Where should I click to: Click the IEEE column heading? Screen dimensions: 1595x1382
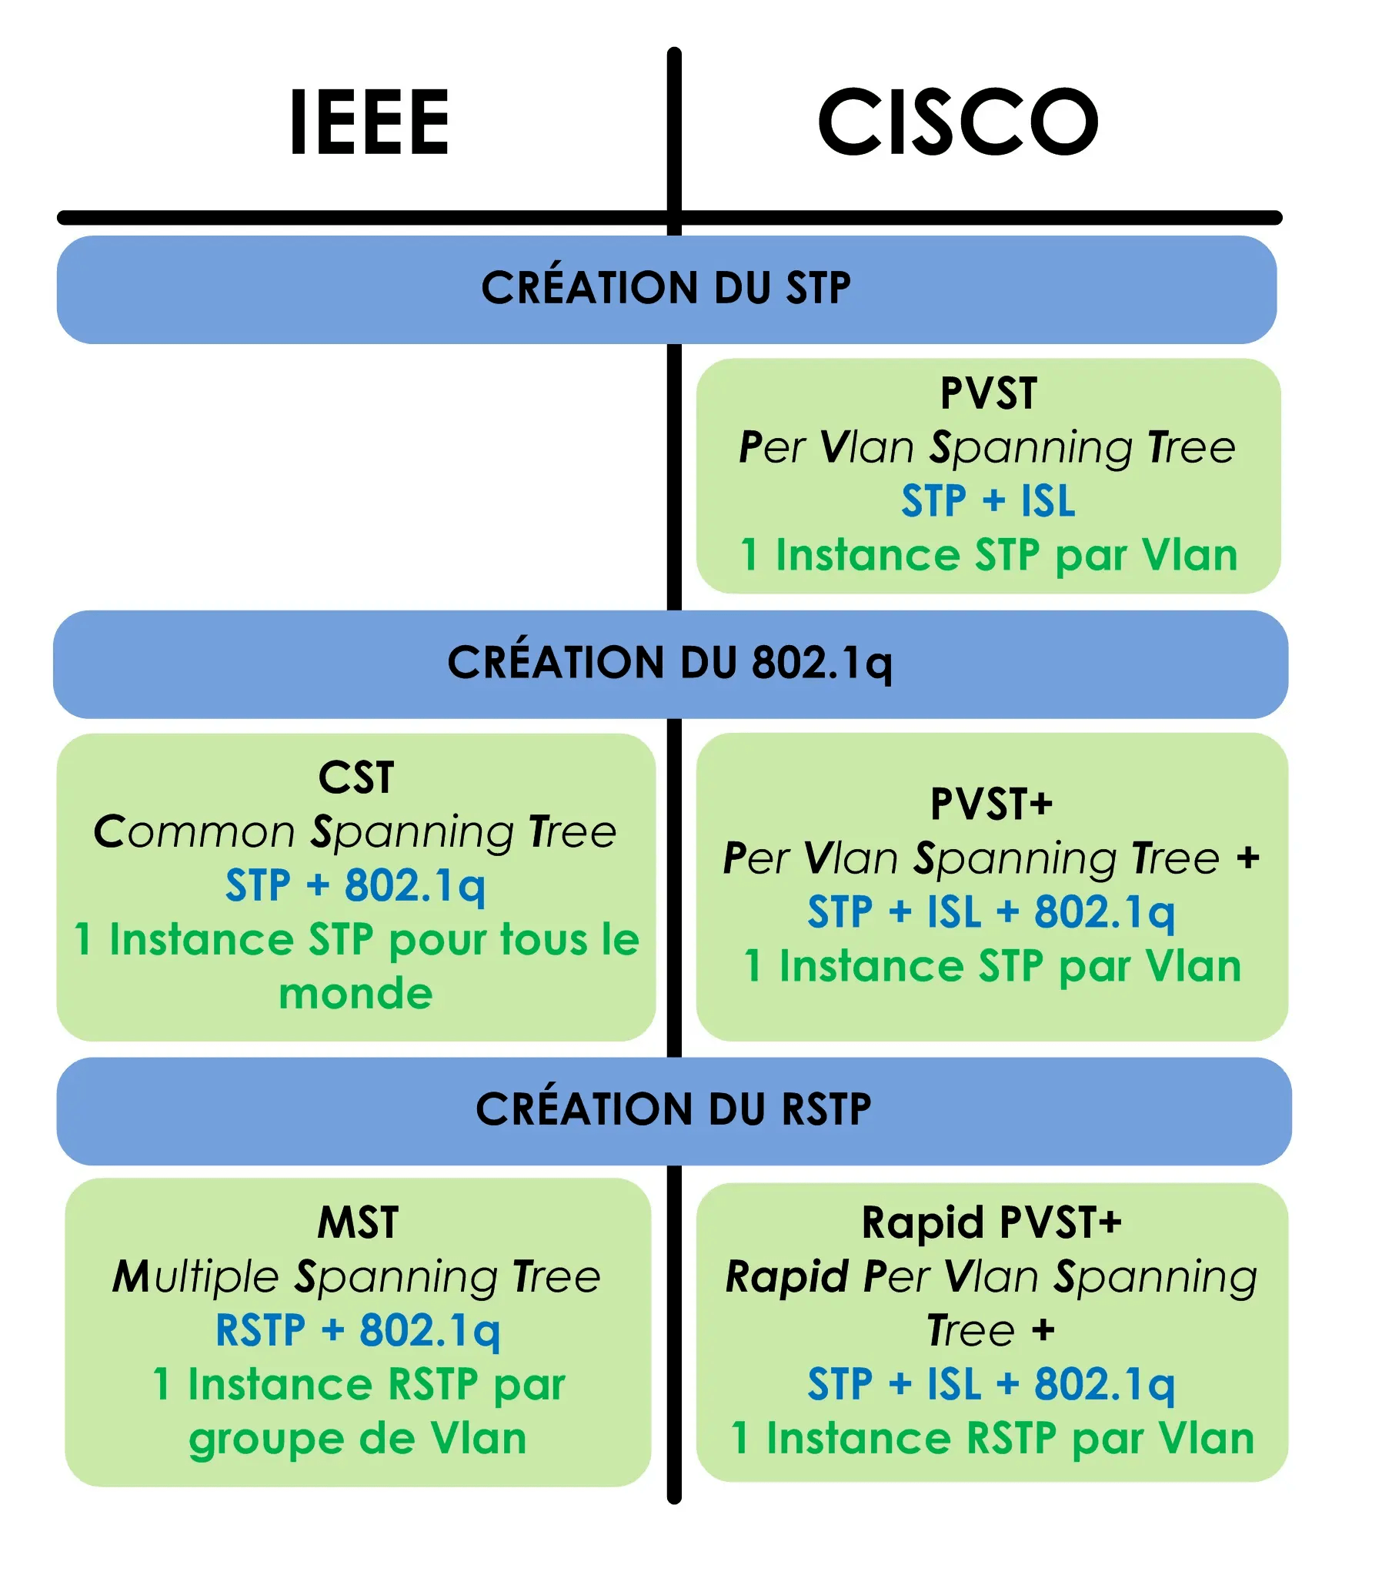[x=369, y=122]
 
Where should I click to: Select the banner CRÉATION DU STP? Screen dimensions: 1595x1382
[x=666, y=288]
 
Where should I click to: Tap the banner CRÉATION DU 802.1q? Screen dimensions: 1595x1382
[x=669, y=663]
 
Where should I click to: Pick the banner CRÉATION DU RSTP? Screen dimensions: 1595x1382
[x=673, y=1109]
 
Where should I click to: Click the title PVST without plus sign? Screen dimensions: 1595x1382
[x=988, y=393]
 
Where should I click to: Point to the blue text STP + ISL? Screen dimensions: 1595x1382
[x=988, y=501]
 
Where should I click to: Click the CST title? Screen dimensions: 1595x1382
[x=356, y=777]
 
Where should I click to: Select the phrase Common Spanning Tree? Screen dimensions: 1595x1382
[x=355, y=832]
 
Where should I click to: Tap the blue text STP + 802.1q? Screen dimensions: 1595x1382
[x=355, y=885]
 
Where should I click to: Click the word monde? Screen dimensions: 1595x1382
[x=356, y=993]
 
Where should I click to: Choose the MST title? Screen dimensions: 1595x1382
[x=358, y=1223]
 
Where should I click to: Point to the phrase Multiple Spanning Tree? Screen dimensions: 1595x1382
[x=356, y=1277]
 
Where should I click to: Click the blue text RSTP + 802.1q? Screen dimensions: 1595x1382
[x=357, y=1331]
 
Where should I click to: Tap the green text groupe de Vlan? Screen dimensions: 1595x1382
[x=357, y=1440]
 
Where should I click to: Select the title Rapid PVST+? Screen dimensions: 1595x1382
[x=991, y=1223]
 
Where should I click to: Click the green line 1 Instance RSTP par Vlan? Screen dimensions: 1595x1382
[x=992, y=1440]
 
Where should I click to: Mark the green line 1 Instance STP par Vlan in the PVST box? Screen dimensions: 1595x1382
[x=988, y=555]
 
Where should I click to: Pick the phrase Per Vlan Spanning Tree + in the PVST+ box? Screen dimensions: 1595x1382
[x=991, y=858]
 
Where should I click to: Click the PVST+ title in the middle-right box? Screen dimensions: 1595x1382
[x=991, y=804]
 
